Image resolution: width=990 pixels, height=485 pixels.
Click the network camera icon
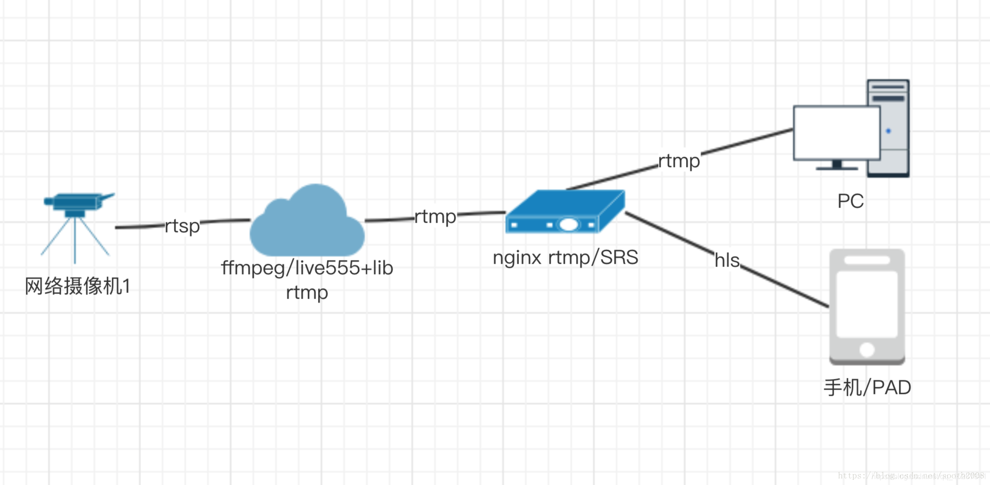[76, 222]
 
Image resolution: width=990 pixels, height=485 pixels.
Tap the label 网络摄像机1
[77, 286]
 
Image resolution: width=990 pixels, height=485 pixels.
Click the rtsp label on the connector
[182, 226]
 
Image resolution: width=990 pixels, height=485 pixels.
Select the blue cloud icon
[307, 222]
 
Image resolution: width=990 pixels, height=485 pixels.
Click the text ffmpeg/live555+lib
[307, 268]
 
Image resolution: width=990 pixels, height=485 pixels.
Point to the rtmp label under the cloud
[307, 293]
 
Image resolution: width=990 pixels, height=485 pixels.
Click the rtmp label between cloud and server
[435, 217]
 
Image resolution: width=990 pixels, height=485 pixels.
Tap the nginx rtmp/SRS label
[565, 258]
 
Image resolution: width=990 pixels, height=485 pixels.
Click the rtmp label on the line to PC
[679, 161]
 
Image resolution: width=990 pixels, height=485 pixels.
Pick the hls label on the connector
[727, 260]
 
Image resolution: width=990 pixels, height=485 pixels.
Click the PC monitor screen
[836, 133]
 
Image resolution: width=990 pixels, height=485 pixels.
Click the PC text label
[850, 201]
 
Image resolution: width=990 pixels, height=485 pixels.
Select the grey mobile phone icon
[867, 307]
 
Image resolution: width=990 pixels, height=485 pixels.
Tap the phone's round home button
[867, 350]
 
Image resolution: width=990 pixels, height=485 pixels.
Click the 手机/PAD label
[867, 388]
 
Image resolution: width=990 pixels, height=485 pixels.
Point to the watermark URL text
[911, 476]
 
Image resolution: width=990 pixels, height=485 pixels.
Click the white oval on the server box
[569, 225]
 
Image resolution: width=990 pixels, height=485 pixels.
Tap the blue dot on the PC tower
[889, 131]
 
